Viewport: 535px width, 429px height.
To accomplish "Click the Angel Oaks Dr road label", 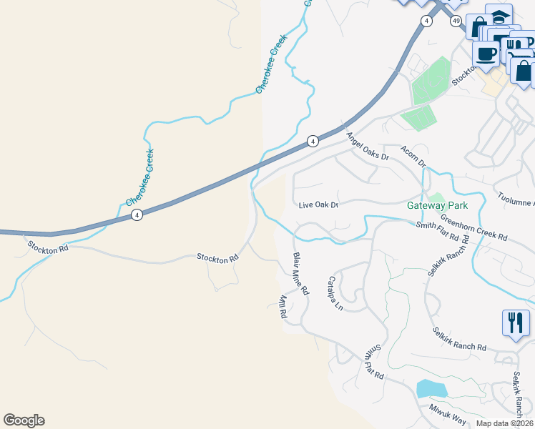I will click(367, 147).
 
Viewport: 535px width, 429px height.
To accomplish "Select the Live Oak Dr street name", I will click(318, 205).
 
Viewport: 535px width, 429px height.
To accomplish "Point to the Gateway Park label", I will click(436, 205).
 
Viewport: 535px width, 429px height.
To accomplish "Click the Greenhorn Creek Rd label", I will click(473, 227).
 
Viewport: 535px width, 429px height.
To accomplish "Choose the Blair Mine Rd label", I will click(300, 274).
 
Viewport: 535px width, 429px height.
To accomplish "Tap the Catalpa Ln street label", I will click(335, 293).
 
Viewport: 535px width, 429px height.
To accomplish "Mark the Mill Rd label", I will click(283, 305).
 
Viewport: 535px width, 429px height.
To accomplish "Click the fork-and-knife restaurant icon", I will click(515, 323).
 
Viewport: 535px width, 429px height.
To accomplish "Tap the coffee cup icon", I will click(486, 54).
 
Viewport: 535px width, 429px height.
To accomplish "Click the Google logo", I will click(24, 420).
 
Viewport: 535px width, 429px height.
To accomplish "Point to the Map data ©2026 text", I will click(505, 423).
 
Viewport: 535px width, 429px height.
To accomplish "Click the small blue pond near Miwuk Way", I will click(431, 389).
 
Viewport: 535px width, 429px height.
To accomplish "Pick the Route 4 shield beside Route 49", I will click(427, 21).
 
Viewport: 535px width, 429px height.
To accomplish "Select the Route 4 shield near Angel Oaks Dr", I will click(313, 142).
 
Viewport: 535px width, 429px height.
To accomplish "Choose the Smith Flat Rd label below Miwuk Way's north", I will click(374, 363).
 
